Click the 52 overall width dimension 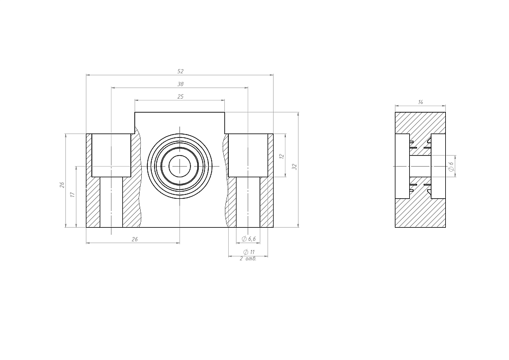(181, 71)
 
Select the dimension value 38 (181, 84)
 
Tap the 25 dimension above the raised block (181, 96)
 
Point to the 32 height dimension (295, 167)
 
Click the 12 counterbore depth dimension (282, 156)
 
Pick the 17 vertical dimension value (73, 194)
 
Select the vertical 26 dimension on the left (62, 184)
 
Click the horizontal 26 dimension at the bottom (135, 239)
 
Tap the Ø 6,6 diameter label (249, 239)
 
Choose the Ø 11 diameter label (249, 252)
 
